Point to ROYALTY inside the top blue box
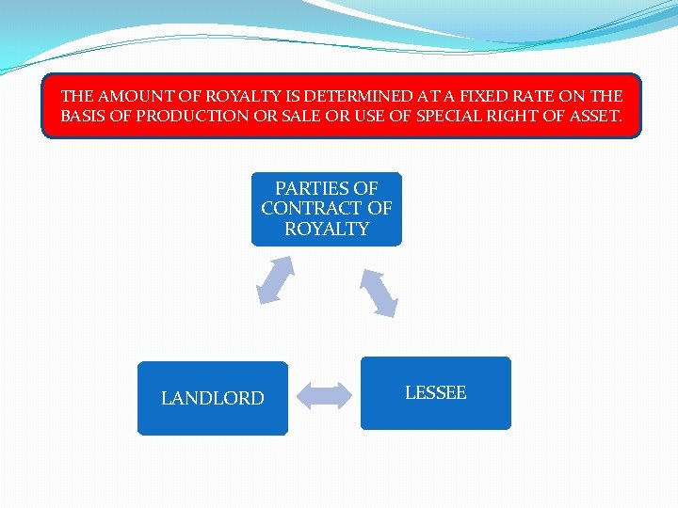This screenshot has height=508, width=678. tap(327, 229)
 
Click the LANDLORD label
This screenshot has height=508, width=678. tap(212, 399)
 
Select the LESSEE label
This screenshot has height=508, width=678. tap(435, 393)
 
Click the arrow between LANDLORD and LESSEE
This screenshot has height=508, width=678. tap(325, 395)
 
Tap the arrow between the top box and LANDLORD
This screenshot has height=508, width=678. tap(276, 280)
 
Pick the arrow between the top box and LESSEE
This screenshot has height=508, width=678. tap(378, 293)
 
